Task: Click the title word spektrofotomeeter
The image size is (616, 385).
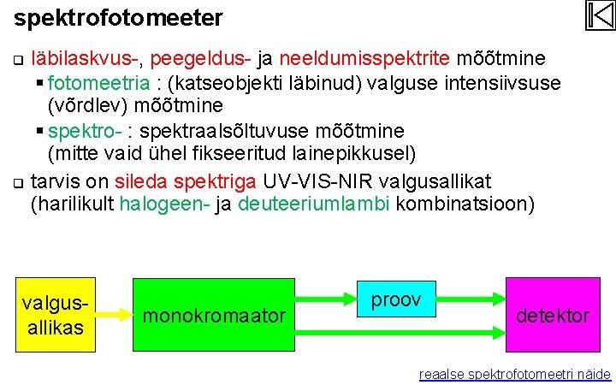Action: click(x=119, y=17)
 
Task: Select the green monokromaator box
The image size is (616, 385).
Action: click(x=215, y=315)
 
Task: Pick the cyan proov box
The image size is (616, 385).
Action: click(x=396, y=299)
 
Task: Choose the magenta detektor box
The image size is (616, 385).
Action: click(x=552, y=315)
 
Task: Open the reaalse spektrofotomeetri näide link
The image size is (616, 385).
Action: click(x=514, y=374)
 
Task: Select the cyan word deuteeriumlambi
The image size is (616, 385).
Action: click(x=314, y=205)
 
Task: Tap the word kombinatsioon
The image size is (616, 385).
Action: click(x=463, y=205)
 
